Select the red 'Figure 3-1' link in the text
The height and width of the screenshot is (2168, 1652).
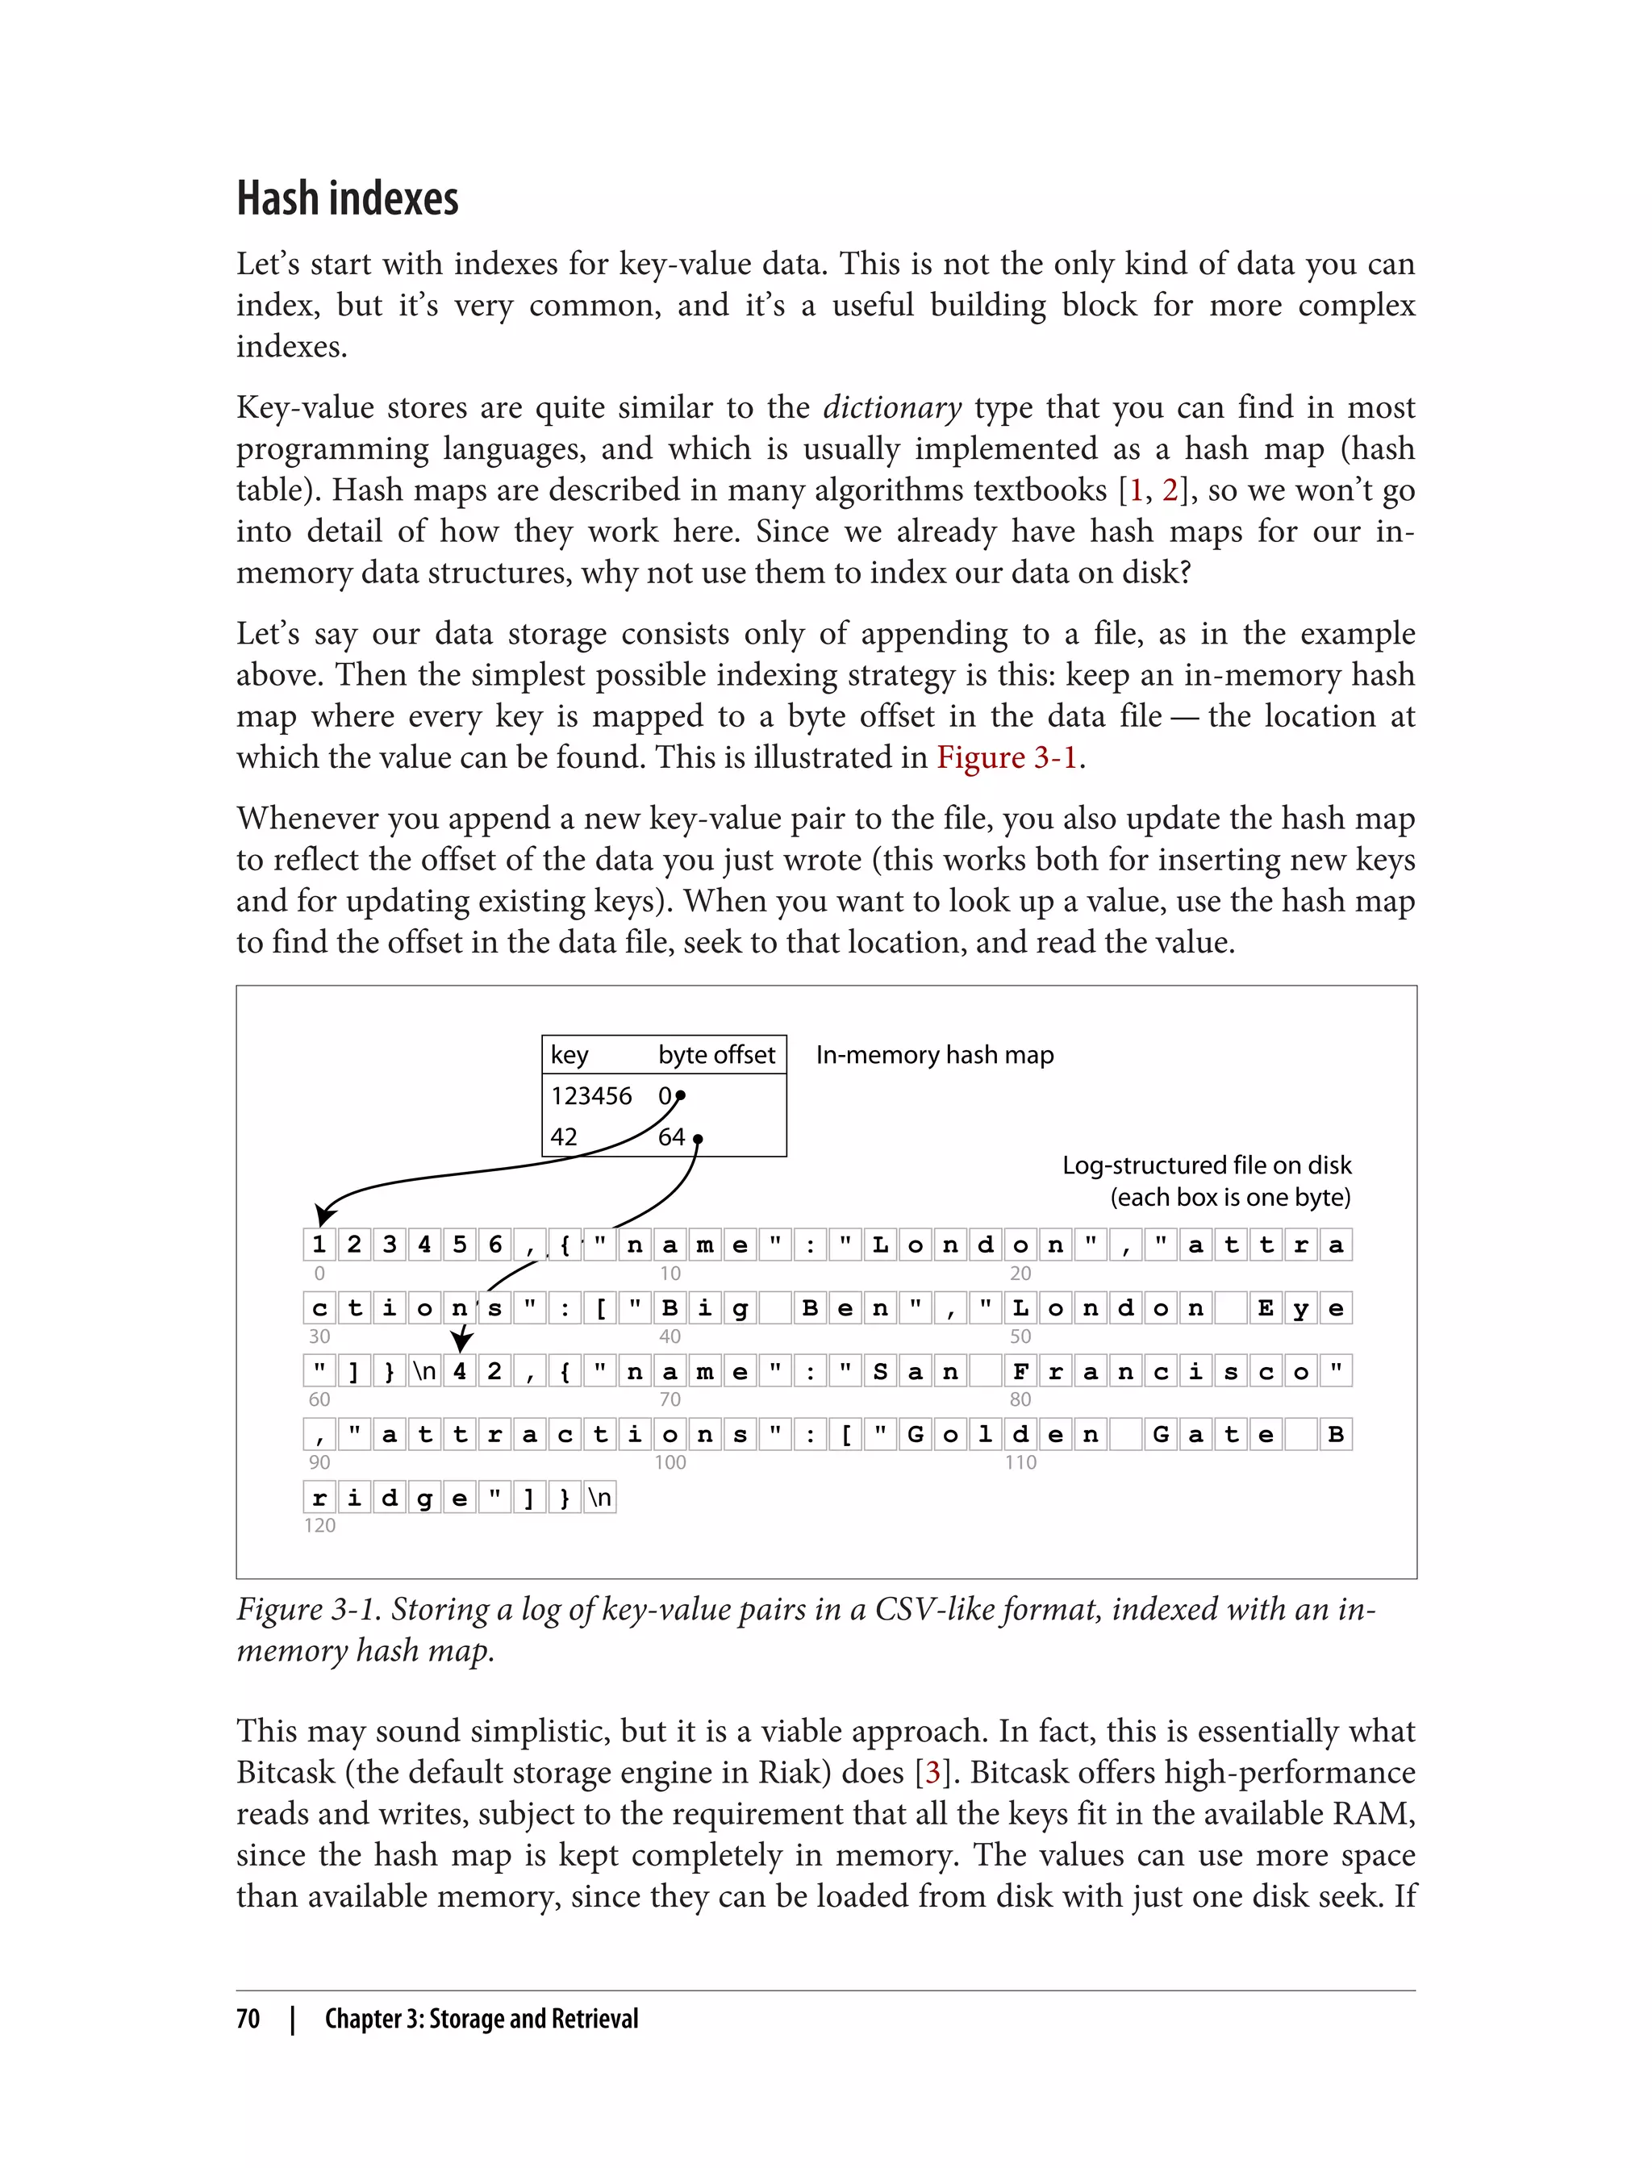point(1007,757)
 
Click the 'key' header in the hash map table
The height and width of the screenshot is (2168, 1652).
point(569,1055)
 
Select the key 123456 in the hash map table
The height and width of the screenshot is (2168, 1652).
point(591,1096)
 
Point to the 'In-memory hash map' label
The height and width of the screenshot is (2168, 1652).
point(934,1055)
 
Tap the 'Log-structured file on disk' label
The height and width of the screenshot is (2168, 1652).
point(1206,1165)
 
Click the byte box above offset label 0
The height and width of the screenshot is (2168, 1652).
point(319,1245)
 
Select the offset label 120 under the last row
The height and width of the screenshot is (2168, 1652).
point(319,1525)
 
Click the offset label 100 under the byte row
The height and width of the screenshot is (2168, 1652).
point(670,1462)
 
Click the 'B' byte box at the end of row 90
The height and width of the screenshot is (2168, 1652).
point(1335,1435)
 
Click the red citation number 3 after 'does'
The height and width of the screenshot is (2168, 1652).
point(932,1772)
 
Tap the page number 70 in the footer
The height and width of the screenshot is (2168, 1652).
point(248,2019)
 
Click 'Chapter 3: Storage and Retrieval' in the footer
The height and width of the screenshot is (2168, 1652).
point(481,2019)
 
